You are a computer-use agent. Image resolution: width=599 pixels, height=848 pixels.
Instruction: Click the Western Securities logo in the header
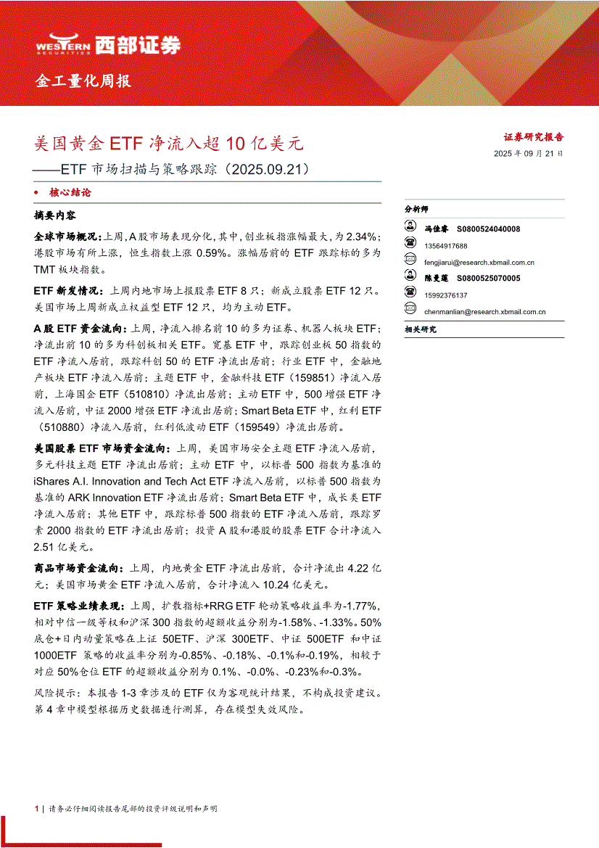click(x=107, y=46)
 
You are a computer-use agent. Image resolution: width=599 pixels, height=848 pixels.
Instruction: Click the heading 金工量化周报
click(x=83, y=81)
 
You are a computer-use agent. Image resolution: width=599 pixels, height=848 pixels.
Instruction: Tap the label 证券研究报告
click(x=534, y=136)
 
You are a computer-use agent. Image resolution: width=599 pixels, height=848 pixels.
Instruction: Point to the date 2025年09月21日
click(x=528, y=154)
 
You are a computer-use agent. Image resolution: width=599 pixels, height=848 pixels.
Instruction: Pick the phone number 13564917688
click(x=447, y=246)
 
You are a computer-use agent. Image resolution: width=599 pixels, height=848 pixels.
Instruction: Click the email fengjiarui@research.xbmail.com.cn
click(x=479, y=263)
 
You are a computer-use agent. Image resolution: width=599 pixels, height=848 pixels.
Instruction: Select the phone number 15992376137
click(x=447, y=295)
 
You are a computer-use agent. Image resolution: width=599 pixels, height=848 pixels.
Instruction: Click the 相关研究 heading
click(x=421, y=330)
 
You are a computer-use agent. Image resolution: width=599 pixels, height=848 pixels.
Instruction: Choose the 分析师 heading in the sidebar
click(x=417, y=209)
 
